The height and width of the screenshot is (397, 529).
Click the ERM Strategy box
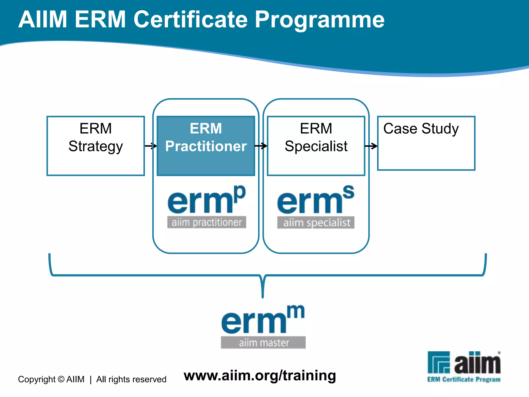(96, 146)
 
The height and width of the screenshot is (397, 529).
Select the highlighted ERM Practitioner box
(206, 146)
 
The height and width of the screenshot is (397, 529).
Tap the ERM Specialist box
(316, 146)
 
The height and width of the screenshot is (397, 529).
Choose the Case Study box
(426, 143)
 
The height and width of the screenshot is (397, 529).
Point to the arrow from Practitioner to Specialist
(261, 146)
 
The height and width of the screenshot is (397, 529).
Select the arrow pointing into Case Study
(371, 146)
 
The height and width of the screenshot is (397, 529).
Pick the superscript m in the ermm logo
(295, 312)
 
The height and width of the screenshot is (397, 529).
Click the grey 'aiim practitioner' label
(207, 222)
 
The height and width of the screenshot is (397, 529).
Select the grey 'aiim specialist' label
(316, 223)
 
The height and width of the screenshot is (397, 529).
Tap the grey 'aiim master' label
(263, 342)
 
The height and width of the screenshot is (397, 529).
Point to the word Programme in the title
(320, 20)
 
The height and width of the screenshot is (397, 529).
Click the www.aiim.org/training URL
(260, 376)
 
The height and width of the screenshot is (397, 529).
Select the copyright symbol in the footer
(61, 379)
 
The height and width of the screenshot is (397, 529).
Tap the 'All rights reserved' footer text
(131, 379)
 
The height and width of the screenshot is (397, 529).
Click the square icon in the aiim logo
(439, 362)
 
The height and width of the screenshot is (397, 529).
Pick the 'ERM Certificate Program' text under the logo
(464, 379)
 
